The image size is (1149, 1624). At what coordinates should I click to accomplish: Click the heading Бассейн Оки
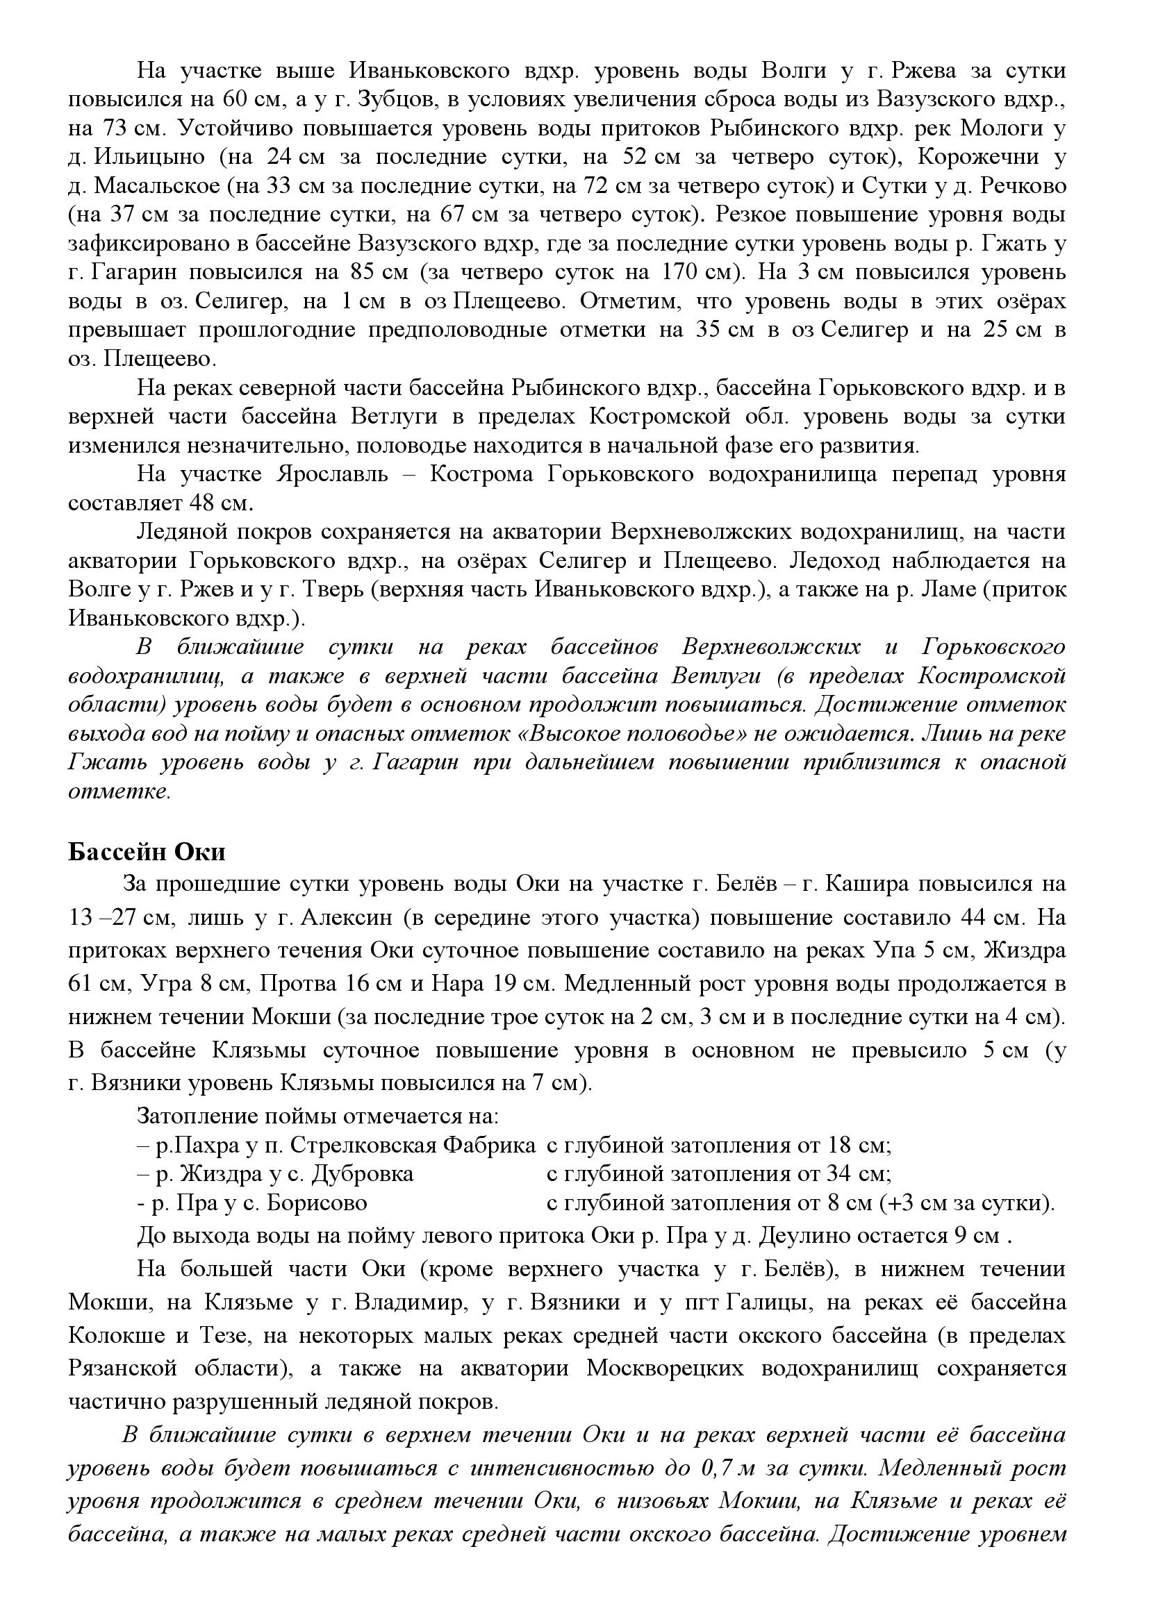[147, 852]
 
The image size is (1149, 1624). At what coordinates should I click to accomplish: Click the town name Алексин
[344, 918]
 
